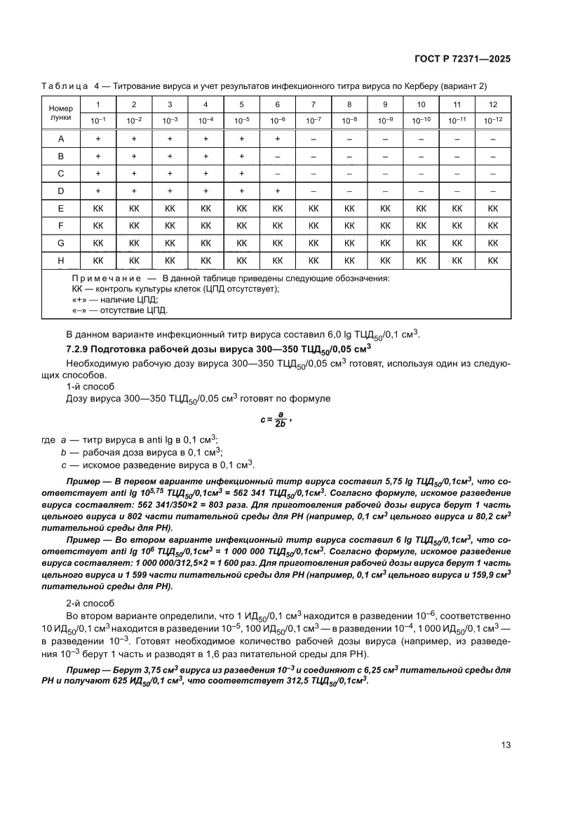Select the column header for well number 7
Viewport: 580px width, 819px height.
click(313, 104)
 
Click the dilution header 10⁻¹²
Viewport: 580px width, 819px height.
click(492, 121)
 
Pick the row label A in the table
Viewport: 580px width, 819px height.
click(61, 139)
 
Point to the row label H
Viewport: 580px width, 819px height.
click(61, 260)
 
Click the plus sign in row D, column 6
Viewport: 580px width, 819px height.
click(278, 191)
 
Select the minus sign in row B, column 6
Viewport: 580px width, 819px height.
click(278, 156)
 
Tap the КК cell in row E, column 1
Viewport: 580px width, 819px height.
click(98, 208)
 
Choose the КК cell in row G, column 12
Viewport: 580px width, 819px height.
click(492, 242)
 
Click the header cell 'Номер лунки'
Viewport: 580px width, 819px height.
click(61, 113)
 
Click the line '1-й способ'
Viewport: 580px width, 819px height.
click(86, 386)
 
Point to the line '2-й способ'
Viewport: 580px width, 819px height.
click(86, 603)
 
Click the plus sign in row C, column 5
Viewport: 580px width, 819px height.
click(242, 173)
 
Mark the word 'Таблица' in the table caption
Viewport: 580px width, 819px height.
click(65, 85)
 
